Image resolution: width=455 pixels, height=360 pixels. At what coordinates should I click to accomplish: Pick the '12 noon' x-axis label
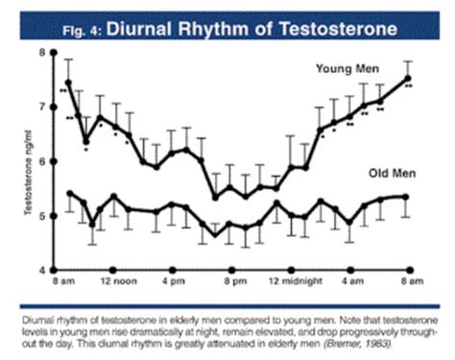coord(115,284)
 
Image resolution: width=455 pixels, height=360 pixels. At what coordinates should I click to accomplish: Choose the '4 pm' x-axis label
coord(174,284)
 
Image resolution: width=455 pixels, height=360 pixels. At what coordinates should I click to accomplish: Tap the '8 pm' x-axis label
coord(233,284)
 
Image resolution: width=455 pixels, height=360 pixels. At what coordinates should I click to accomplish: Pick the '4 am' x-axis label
coord(351,284)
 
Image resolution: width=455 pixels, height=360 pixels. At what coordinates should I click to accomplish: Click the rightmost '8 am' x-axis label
coord(411,284)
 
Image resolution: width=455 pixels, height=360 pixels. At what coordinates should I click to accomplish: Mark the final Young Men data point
coord(409,79)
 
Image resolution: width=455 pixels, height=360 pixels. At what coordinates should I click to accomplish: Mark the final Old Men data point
coord(409,196)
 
